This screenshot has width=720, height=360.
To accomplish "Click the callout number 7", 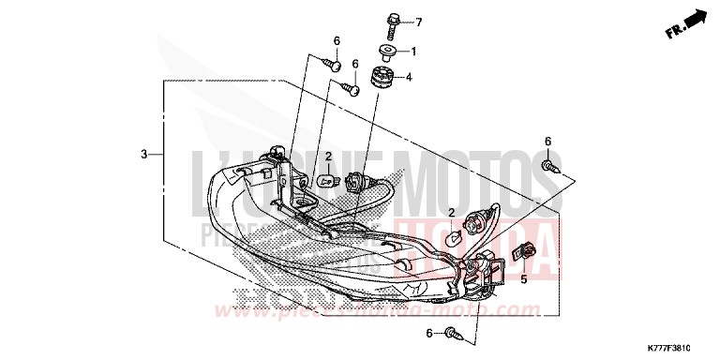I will pyautogui.click(x=419, y=22).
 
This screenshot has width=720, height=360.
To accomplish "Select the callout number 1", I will pyautogui.click(x=412, y=51).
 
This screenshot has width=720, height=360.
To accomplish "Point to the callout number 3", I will pyautogui.click(x=144, y=154).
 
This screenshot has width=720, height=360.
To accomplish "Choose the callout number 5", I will pyautogui.click(x=523, y=278).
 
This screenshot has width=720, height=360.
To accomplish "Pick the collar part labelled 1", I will pyautogui.click(x=386, y=50).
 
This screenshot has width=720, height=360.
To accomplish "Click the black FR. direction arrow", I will pyautogui.click(x=695, y=17).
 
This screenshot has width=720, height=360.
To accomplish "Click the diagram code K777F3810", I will pyautogui.click(x=681, y=347).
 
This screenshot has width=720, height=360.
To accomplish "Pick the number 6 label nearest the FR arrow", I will pyautogui.click(x=547, y=141).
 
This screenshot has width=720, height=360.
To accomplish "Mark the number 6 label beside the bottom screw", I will pyautogui.click(x=430, y=333).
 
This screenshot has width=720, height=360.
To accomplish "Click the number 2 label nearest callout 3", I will pyautogui.click(x=330, y=157).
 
